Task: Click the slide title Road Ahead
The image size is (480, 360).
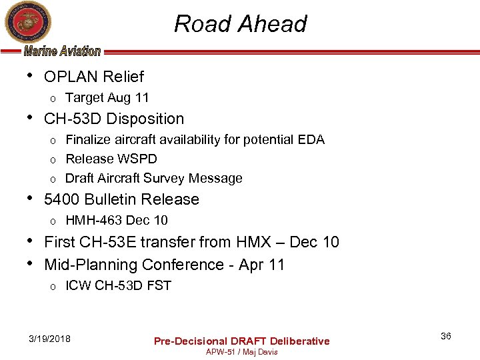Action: (x=240, y=24)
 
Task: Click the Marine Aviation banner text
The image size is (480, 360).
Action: (x=63, y=51)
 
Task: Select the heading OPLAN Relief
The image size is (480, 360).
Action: (x=93, y=77)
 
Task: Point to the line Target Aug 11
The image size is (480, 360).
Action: (x=107, y=97)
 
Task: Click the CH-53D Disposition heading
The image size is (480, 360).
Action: (x=113, y=119)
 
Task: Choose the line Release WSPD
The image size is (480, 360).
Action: (x=111, y=159)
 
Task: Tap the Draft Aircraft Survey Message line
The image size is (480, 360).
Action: (x=153, y=178)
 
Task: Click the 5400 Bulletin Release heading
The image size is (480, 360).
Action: (x=121, y=199)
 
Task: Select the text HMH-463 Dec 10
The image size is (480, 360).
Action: (x=117, y=220)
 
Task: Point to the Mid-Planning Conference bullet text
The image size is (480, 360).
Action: (x=164, y=265)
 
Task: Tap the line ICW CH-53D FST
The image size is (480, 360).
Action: (x=118, y=285)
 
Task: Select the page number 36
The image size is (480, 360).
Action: (x=445, y=336)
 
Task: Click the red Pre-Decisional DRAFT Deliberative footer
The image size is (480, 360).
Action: (x=241, y=341)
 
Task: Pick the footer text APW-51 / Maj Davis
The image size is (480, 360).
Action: (x=241, y=351)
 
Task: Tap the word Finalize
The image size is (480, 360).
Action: (x=88, y=139)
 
